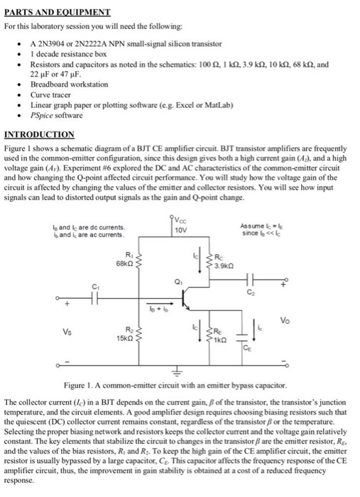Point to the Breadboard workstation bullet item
click(x=67, y=84)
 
